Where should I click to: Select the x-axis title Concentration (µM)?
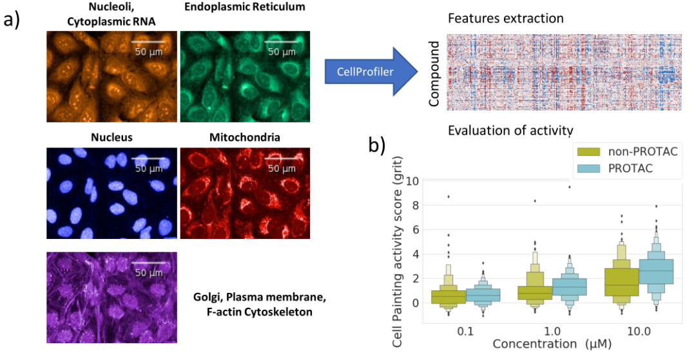[552, 345]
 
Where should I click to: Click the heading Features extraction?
[506, 18]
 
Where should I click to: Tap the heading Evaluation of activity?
[510, 131]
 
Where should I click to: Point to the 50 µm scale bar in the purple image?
[149, 263]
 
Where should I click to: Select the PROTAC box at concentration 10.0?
[655, 272]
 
